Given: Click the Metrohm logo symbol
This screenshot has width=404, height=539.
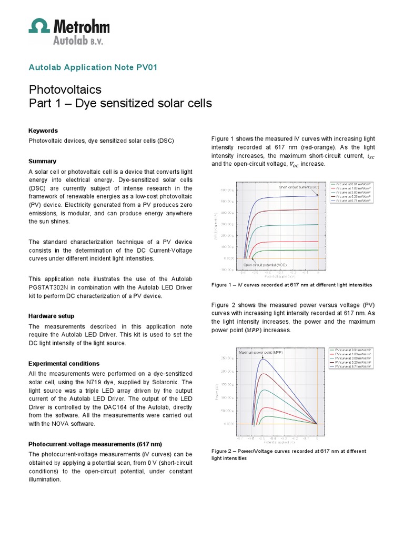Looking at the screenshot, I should click(x=39, y=26).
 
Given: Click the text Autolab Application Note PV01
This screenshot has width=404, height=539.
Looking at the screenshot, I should click(x=92, y=67).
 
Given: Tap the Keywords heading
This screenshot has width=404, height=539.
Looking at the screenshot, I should click(x=43, y=131).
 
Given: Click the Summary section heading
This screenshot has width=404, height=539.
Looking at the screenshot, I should click(x=42, y=161).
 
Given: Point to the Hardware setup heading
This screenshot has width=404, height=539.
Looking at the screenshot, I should click(x=51, y=316).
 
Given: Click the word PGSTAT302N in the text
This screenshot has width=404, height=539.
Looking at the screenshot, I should click(x=52, y=287).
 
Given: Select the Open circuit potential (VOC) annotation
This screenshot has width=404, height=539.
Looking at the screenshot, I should click(x=265, y=265).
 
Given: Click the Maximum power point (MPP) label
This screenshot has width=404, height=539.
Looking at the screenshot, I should click(x=261, y=352).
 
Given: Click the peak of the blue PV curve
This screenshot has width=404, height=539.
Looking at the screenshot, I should click(x=262, y=359).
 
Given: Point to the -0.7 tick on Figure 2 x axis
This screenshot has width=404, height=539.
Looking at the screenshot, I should click(x=240, y=437).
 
